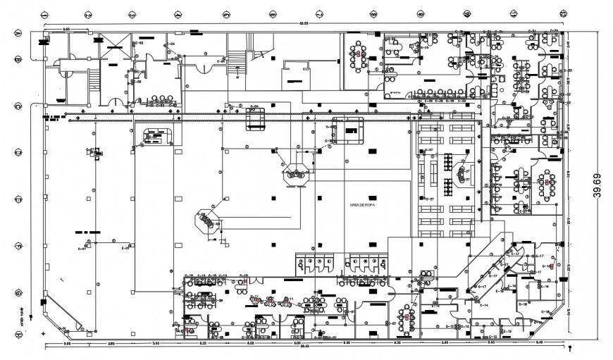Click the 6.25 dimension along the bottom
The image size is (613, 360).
pos(202,343)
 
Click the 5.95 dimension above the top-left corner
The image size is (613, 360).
pos(66,29)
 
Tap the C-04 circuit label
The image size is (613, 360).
pos(171,44)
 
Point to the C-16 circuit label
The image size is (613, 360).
pos(545,311)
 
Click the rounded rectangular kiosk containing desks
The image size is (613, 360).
pos(156,136)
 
